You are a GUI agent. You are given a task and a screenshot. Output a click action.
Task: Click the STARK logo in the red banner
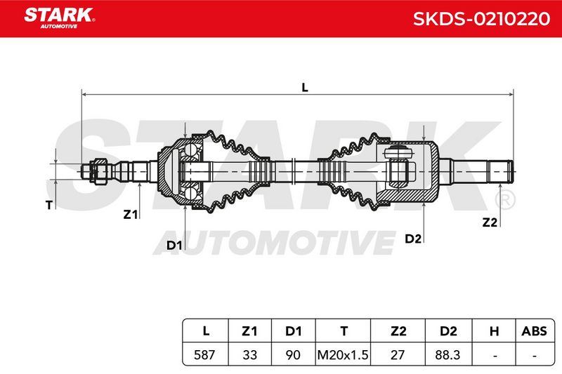[x=60, y=18]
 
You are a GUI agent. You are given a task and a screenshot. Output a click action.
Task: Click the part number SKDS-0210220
[x=481, y=19]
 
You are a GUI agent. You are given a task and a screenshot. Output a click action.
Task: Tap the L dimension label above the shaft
[x=305, y=87]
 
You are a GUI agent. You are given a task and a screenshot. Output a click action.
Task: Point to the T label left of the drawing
[x=49, y=205]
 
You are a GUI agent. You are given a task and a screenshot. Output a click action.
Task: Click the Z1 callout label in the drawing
[x=131, y=215]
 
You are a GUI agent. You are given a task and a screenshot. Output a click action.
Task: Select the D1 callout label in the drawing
[x=174, y=246]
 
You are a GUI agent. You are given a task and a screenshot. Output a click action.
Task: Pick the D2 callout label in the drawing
[x=413, y=239]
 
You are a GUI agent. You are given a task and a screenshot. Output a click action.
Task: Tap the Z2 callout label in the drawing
[x=490, y=222]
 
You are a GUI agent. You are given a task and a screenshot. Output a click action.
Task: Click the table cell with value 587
[x=204, y=354]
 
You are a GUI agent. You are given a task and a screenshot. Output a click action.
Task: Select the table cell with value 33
[x=250, y=354]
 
